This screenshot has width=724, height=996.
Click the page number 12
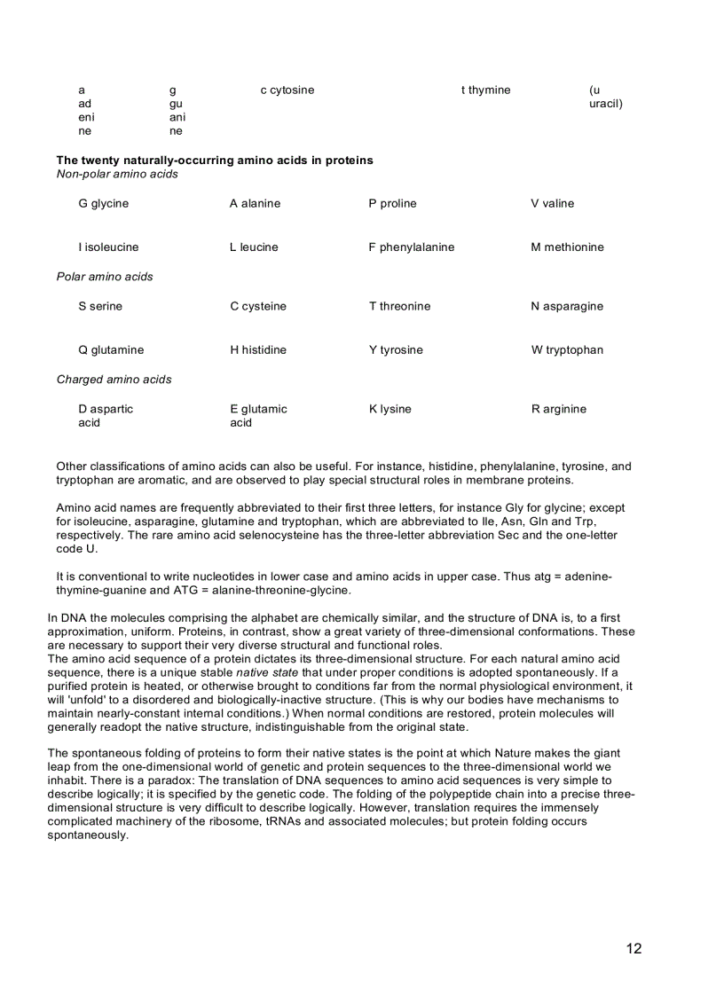click(633, 948)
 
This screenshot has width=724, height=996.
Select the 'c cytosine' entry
click(287, 90)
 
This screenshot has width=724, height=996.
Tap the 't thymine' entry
click(485, 90)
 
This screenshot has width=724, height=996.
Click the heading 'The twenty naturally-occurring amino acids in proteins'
click(215, 161)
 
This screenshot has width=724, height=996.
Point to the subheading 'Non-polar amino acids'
click(117, 174)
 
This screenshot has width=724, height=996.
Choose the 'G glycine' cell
click(103, 204)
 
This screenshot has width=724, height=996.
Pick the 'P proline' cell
click(392, 204)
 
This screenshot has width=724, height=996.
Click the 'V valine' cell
click(552, 204)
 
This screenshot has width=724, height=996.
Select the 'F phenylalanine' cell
click(411, 247)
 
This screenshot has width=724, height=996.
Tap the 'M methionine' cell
click(567, 247)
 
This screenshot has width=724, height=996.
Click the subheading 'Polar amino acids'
click(105, 277)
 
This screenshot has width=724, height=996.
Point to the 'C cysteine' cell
click(257, 307)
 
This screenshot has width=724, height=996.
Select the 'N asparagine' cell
click(567, 307)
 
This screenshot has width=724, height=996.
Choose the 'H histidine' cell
click(257, 350)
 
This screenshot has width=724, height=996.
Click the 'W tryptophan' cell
click(567, 350)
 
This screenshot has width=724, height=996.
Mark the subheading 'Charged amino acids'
click(114, 380)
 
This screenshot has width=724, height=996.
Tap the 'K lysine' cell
click(390, 410)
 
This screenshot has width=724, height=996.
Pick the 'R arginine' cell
click(558, 410)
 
